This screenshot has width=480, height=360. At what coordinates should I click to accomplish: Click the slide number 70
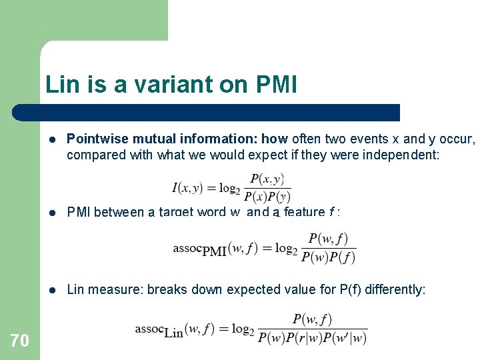[20, 341]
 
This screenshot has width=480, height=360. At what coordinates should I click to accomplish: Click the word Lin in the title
[59, 85]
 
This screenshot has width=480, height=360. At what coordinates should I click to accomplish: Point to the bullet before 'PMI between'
[52, 213]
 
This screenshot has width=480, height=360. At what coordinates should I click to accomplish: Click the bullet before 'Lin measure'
[52, 290]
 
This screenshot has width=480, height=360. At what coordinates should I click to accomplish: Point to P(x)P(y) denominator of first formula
[267, 196]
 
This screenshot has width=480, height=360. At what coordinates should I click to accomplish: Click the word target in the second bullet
[180, 213]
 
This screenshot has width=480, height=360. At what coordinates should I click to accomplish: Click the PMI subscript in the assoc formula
[214, 251]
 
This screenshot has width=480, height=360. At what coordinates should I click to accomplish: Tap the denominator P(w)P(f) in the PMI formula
[328, 257]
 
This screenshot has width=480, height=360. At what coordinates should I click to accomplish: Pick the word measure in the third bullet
[116, 289]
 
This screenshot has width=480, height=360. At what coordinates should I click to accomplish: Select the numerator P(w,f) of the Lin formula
[312, 320]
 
